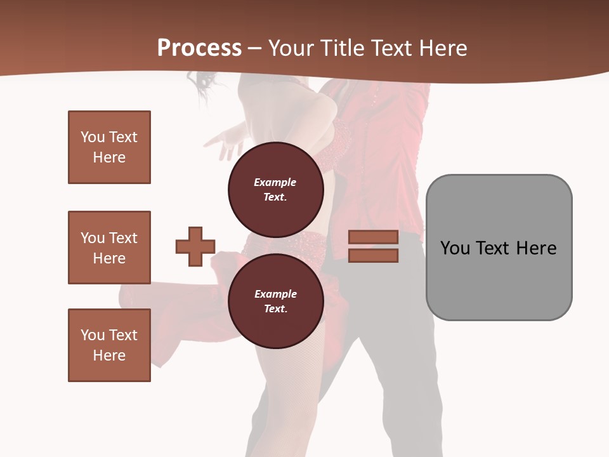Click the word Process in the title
click(x=199, y=48)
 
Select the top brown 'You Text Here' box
click(x=109, y=147)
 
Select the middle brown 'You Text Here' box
click(x=109, y=248)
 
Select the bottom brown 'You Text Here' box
click(x=109, y=345)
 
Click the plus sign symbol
click(x=195, y=246)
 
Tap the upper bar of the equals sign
click(x=373, y=237)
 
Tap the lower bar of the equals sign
click(x=373, y=255)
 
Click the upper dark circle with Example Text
click(x=275, y=189)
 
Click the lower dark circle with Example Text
click(x=275, y=301)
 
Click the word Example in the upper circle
click(x=275, y=182)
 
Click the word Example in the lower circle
click(x=275, y=294)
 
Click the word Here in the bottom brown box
click(x=109, y=355)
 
